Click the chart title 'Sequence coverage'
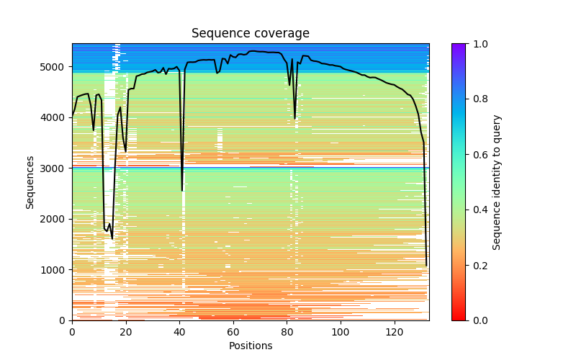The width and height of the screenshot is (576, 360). coord(250,34)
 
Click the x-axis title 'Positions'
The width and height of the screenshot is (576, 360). coord(250,346)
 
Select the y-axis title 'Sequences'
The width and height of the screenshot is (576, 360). coord(30,181)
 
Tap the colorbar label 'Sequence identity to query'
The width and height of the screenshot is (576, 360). coord(497,181)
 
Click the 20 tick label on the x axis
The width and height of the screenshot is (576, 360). coord(126,332)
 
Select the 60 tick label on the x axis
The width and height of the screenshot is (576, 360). coord(233,332)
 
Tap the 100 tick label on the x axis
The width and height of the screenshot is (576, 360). coord(341,332)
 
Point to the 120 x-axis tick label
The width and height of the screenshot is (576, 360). coord(395,332)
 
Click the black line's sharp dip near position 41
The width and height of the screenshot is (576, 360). coord(182,190)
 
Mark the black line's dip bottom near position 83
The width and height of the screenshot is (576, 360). coord(294,118)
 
